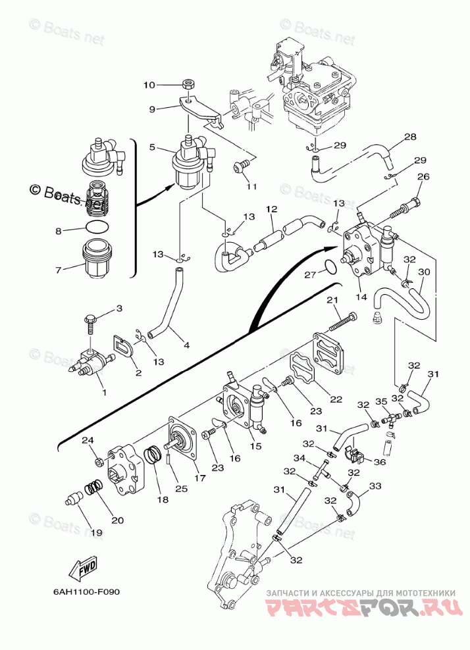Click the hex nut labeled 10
point(188,85)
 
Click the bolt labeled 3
point(90,322)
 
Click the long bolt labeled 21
point(342,322)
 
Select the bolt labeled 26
point(407,205)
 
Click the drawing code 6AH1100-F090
point(86,590)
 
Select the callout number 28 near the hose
point(410,137)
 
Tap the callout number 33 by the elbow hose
point(375,486)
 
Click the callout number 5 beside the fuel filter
point(152,147)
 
